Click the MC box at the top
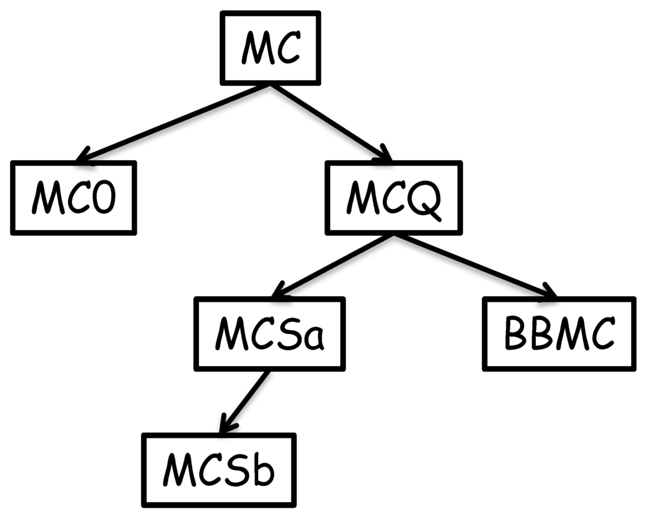coord(270,48)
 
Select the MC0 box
coord(73,197)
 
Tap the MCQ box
coord(393,197)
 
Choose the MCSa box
coord(270,333)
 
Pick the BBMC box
coord(559,333)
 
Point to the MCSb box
coord(219,469)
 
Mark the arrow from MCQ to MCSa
coord(331,265)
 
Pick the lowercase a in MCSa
coord(313,338)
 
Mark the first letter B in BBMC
coord(517,334)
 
